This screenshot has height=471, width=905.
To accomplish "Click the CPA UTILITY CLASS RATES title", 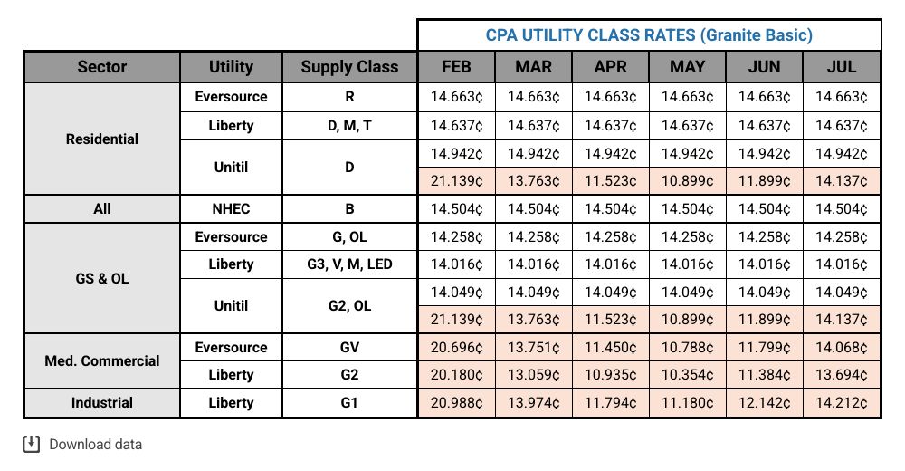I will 649,35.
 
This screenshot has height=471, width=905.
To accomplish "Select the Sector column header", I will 102,67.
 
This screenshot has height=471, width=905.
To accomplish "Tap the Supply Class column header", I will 349,67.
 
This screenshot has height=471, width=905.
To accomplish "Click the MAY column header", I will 688,67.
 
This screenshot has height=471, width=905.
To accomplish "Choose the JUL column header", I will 842,67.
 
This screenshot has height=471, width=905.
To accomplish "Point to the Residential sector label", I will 102,139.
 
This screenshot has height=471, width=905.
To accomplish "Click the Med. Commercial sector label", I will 102,360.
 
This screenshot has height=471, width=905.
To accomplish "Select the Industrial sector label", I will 102,403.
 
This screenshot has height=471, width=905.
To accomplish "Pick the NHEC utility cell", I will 232,208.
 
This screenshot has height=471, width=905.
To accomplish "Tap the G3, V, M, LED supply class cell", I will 349,264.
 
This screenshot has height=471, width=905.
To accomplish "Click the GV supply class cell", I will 349,347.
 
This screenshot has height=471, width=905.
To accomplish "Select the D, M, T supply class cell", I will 349,125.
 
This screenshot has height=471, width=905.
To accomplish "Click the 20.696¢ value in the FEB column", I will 456,348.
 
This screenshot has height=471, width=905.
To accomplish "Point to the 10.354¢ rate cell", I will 688,375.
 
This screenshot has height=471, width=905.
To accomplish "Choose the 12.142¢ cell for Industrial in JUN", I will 765,403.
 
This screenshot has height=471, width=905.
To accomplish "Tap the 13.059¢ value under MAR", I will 533,375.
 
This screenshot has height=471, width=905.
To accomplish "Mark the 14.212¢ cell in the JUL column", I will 842,403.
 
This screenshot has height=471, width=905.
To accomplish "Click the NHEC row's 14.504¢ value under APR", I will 611,208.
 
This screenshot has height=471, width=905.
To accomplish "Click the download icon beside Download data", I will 32,444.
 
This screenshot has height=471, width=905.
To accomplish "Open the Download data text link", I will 95,445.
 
